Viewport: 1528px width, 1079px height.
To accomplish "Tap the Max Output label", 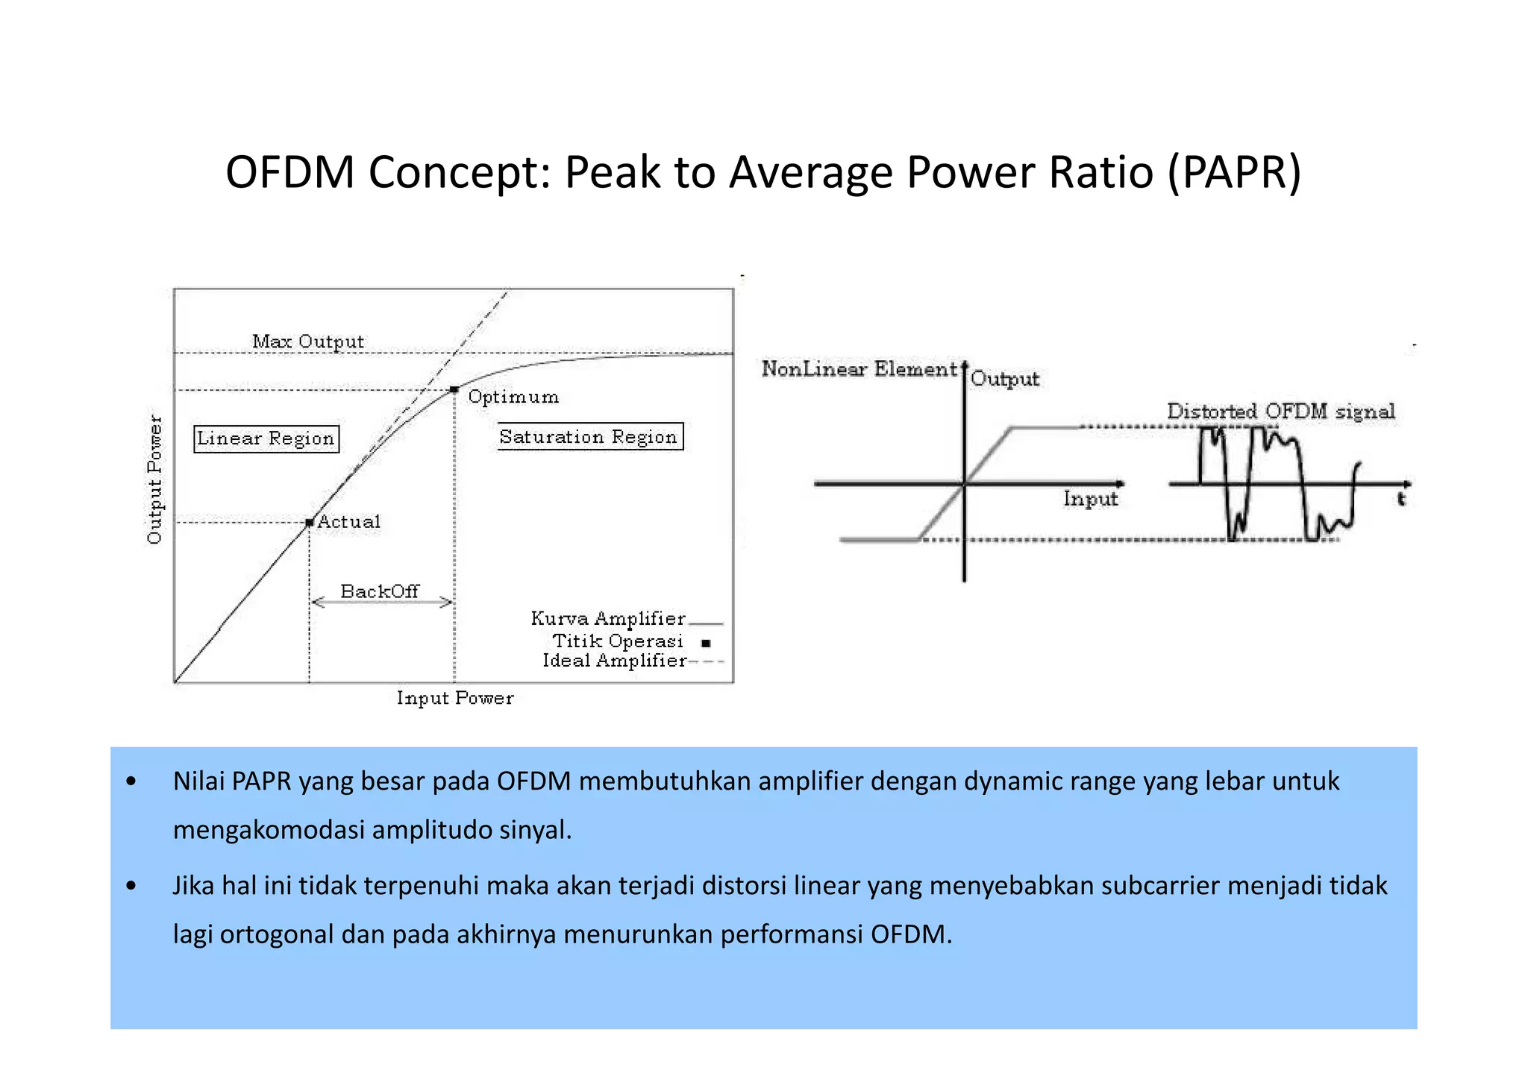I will [x=308, y=342].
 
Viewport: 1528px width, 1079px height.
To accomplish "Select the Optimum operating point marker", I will [x=454, y=389].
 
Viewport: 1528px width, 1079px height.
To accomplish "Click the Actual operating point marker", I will [x=310, y=523].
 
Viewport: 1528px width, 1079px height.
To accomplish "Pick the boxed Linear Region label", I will [x=266, y=438].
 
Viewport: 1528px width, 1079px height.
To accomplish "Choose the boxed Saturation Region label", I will [x=589, y=437].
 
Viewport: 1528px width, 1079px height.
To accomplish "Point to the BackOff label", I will [x=380, y=591].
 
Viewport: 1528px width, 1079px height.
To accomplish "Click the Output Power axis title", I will [x=154, y=479].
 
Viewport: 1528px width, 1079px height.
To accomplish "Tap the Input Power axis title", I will [x=455, y=698].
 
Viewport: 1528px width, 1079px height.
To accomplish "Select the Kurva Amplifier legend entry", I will [x=608, y=619].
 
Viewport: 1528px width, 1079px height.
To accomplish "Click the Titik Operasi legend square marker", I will [x=706, y=643].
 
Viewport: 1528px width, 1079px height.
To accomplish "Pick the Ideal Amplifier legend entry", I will [x=614, y=661].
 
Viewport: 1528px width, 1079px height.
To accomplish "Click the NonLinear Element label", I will [x=859, y=368].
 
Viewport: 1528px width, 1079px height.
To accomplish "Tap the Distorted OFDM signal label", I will [x=1280, y=411].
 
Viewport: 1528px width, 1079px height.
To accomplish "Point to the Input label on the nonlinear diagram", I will [x=1090, y=499].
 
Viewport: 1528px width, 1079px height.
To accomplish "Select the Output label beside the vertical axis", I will [x=1005, y=379].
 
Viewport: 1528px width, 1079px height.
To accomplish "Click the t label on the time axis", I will [x=1401, y=499].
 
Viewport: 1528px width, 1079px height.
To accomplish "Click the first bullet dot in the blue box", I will [x=131, y=781].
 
